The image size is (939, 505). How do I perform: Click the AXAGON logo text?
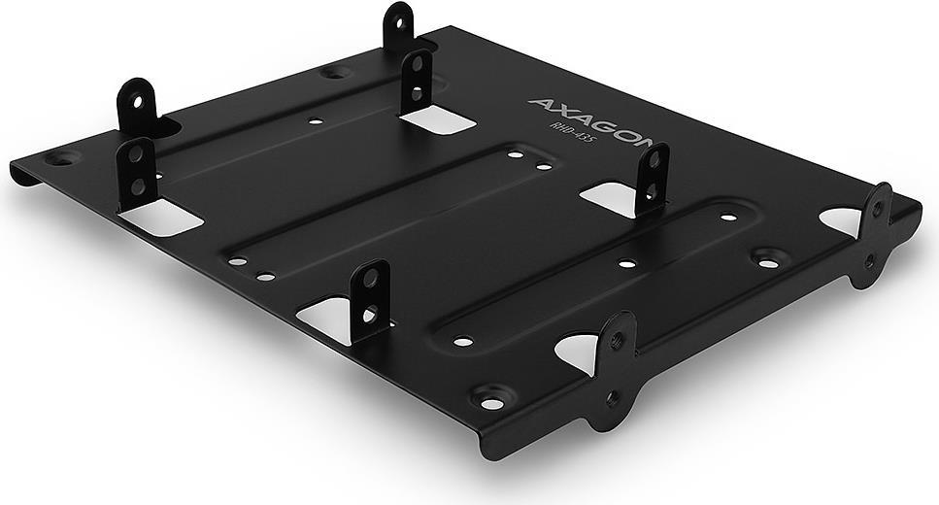(x=589, y=122)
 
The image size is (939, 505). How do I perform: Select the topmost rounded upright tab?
(x=398, y=26)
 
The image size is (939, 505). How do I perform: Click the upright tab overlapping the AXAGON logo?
(x=652, y=179)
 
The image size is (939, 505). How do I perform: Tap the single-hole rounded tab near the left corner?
(x=138, y=105)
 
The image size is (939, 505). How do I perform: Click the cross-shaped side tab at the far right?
(x=875, y=235)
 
